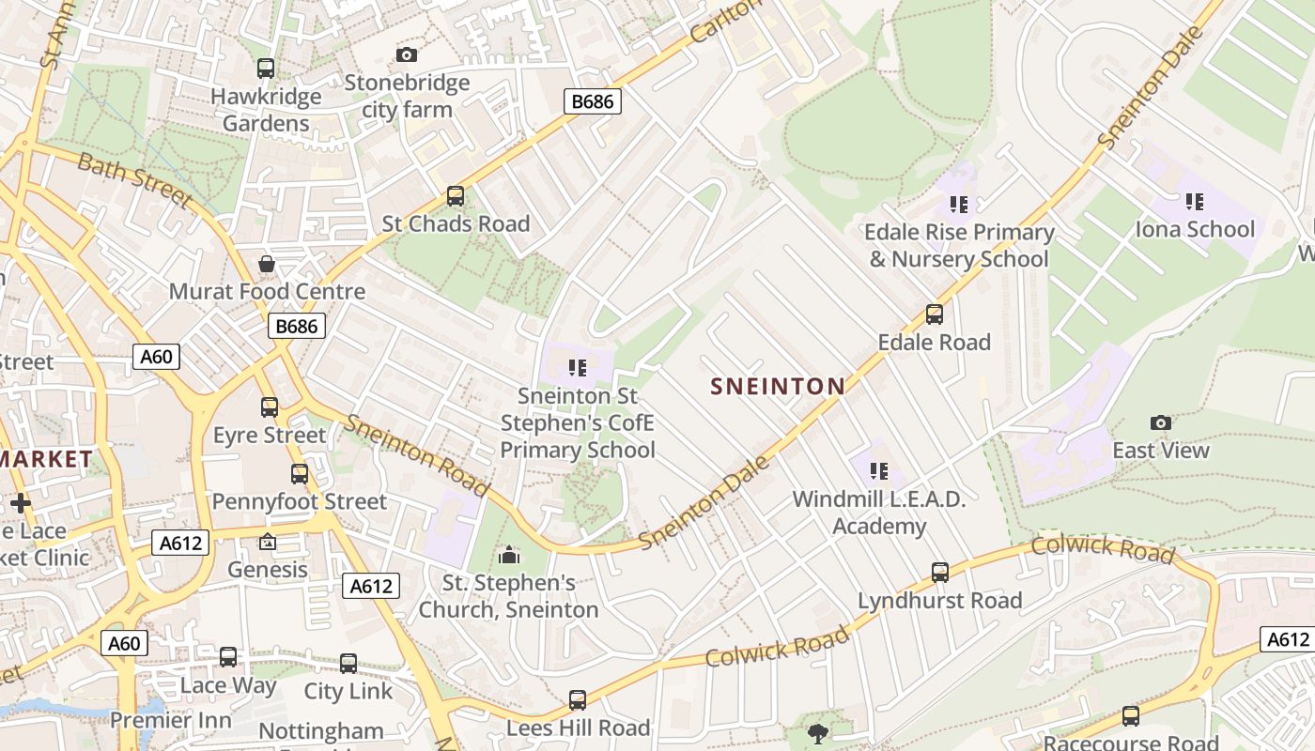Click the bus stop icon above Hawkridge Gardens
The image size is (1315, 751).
click(266, 69)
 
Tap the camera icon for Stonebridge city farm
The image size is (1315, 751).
click(406, 55)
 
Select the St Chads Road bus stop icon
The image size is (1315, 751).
click(456, 196)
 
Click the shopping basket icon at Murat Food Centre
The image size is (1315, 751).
click(267, 264)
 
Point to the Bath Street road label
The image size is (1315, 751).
click(134, 179)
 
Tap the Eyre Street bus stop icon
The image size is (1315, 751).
click(270, 407)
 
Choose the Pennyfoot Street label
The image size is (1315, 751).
click(299, 501)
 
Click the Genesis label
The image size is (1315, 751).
click(268, 569)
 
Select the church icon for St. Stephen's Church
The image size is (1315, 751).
click(509, 555)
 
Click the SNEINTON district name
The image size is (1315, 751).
click(778, 386)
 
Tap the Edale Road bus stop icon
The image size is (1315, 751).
click(934, 314)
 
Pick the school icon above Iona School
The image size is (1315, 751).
click(1195, 202)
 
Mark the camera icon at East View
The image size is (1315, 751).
click(1161, 423)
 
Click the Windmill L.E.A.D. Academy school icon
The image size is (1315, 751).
click(879, 471)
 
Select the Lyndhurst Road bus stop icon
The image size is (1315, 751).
click(940, 573)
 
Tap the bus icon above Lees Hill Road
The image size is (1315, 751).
click(578, 700)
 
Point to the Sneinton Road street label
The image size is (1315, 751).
click(415, 455)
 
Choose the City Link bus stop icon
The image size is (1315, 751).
click(348, 664)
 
